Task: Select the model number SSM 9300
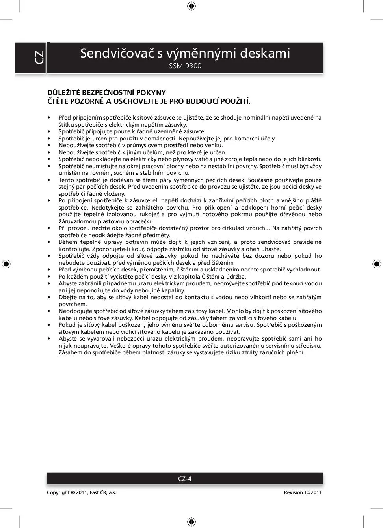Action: click(185, 66)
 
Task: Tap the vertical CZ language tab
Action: click(39, 58)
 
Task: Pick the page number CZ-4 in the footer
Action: click(185, 479)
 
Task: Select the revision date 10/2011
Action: click(313, 492)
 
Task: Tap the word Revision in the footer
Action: click(293, 492)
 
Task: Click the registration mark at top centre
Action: click(191, 6)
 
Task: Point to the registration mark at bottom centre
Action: click(191, 522)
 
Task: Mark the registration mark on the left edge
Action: click(6, 264)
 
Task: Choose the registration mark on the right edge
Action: click(377, 264)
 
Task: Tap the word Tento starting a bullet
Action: click(67, 180)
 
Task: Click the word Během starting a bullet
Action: click(68, 242)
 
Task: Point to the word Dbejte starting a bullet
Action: click(67, 297)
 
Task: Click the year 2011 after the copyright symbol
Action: click(81, 492)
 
